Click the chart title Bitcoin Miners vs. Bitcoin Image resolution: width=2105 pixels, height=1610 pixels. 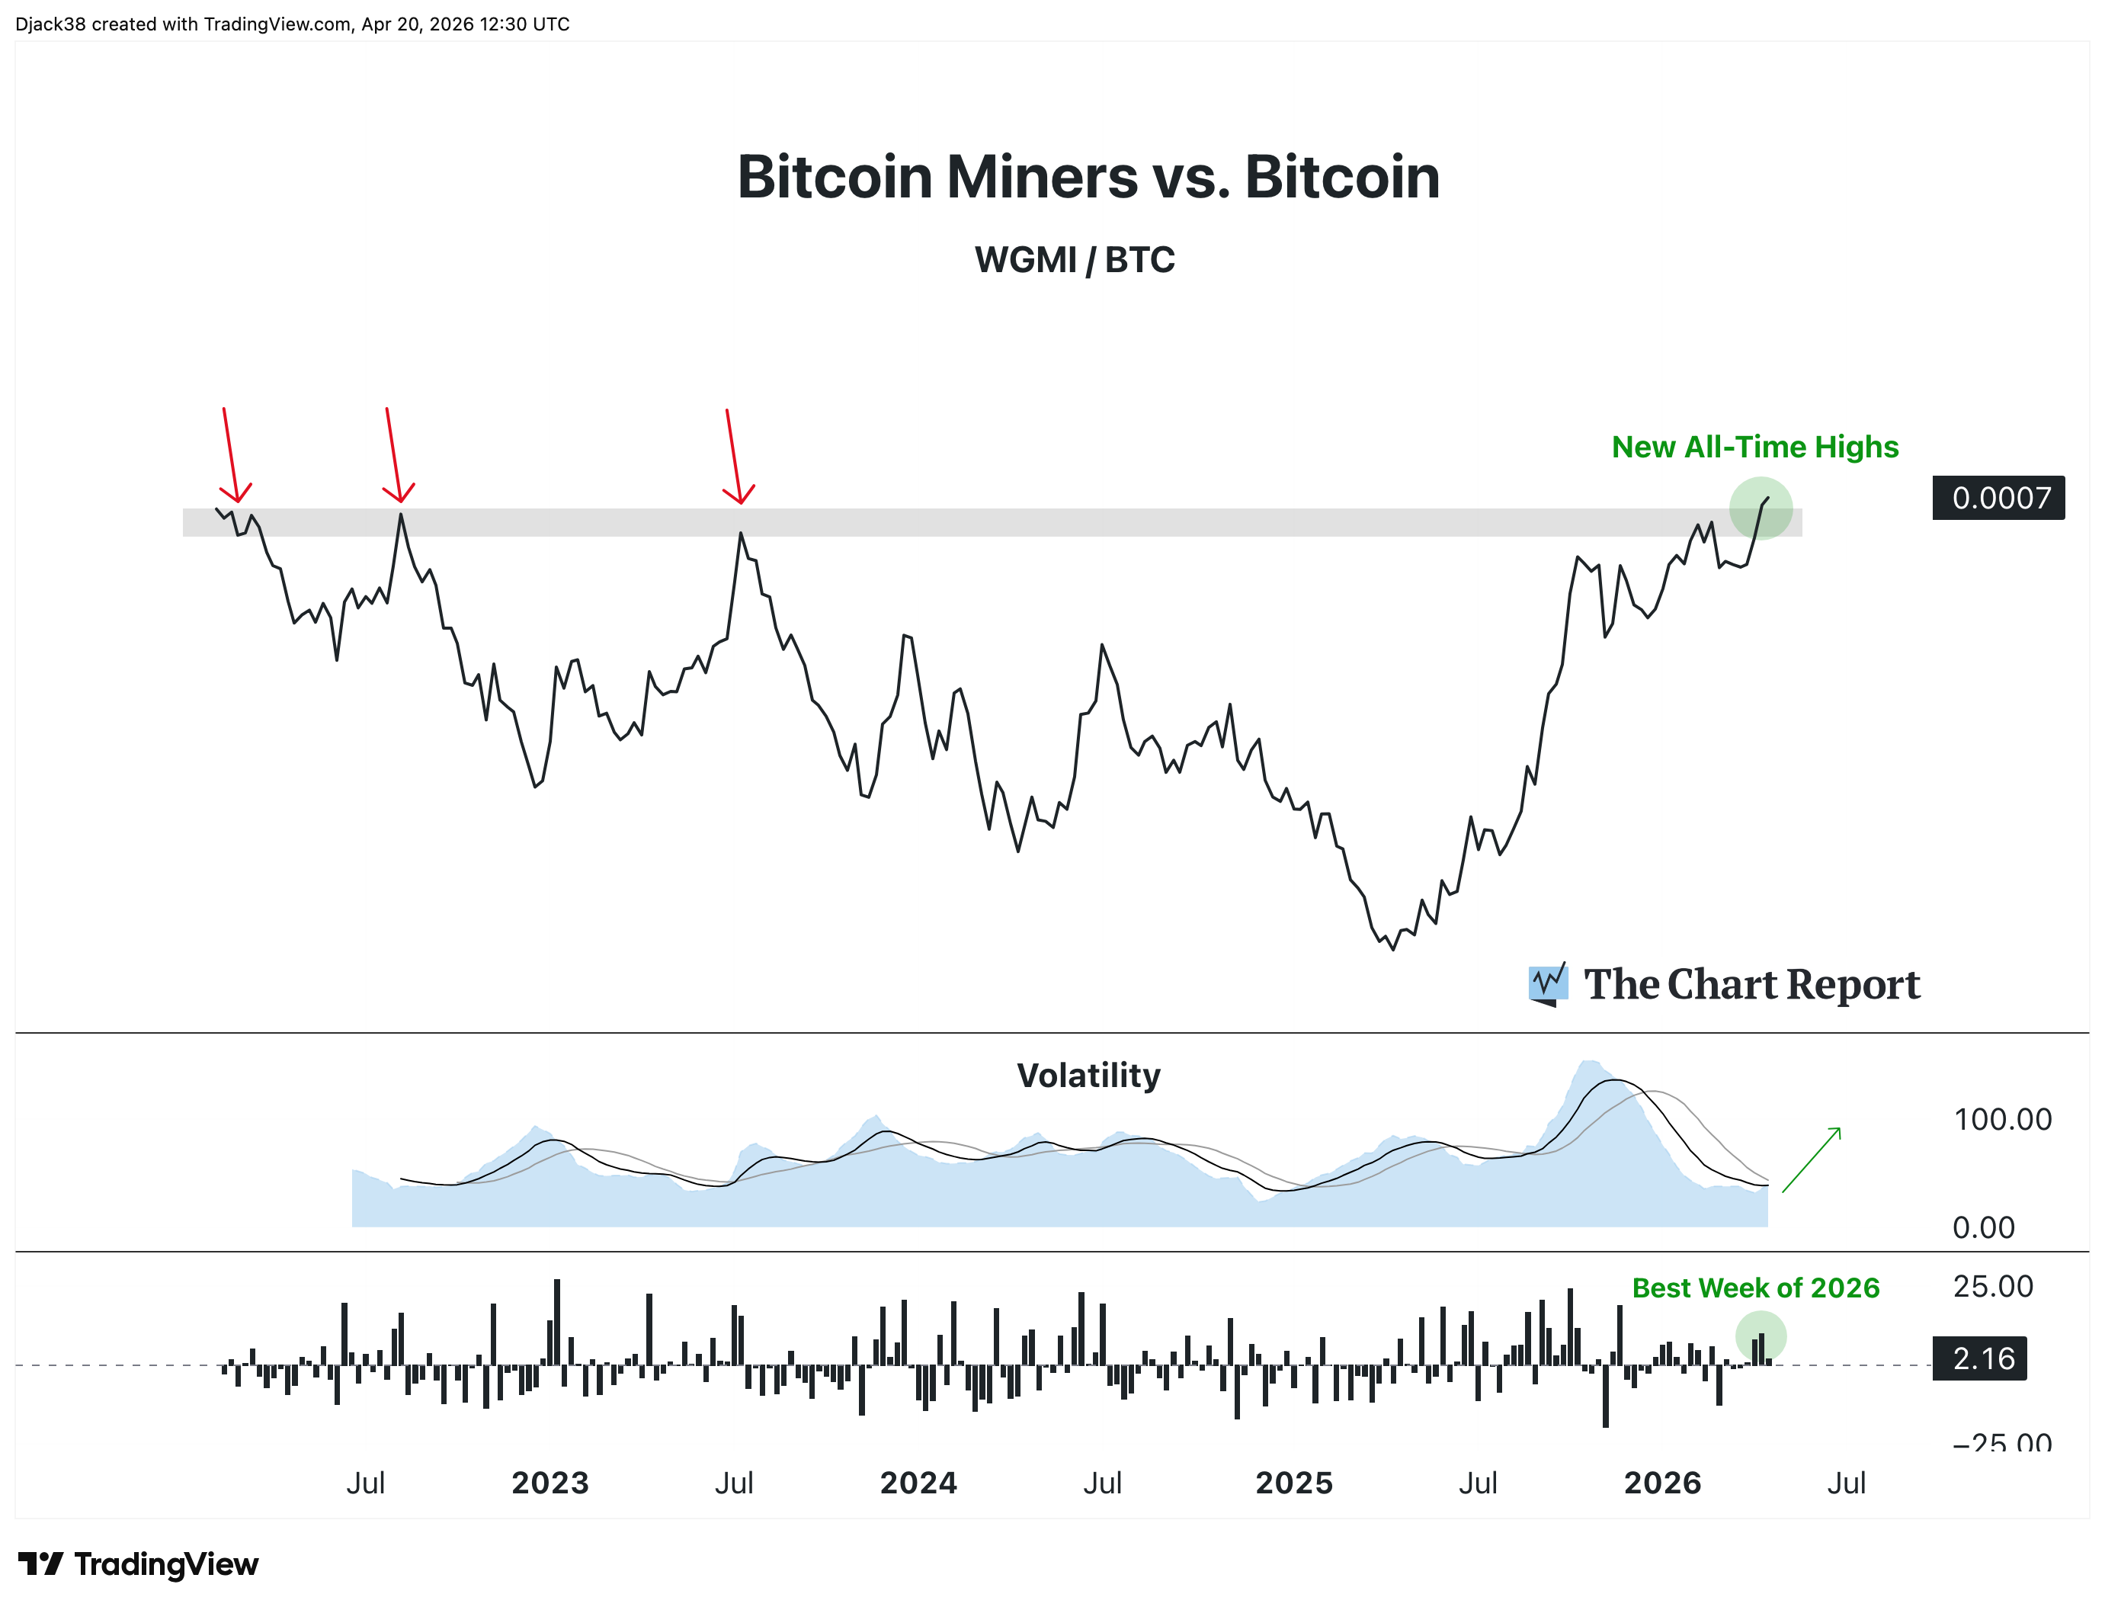(1088, 178)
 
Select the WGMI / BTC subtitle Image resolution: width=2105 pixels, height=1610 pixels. (1074, 260)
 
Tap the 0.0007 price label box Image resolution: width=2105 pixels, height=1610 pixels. (1998, 497)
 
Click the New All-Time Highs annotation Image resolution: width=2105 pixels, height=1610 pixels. (1754, 447)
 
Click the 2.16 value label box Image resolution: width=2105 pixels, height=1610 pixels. (1978, 1358)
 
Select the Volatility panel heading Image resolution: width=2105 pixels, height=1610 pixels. (1088, 1076)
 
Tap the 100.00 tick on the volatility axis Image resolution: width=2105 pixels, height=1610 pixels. (2001, 1119)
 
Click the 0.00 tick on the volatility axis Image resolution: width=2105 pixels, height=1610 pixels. (1982, 1227)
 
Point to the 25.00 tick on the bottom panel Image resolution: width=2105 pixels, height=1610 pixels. (1992, 1286)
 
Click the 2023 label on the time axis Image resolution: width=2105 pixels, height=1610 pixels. (550, 1483)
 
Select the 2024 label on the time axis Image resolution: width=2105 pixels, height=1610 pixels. (918, 1483)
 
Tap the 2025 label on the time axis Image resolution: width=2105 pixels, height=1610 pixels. (1293, 1483)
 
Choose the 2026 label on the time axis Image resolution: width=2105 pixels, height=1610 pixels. (1662, 1483)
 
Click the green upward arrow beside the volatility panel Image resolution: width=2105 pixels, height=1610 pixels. (1812, 1159)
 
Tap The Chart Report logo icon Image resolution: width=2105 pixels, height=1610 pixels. (1547, 984)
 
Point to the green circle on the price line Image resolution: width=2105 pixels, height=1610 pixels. (1760, 508)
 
